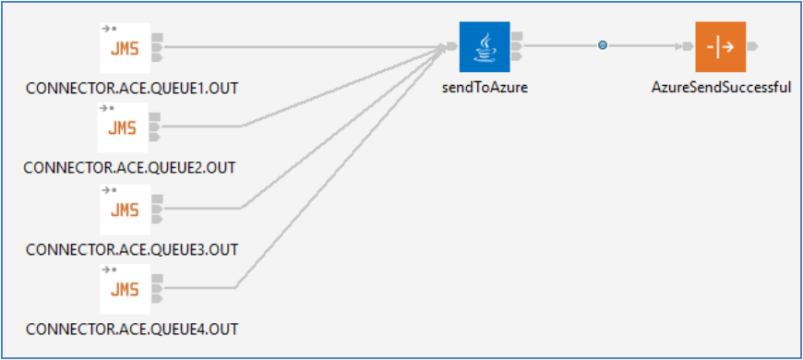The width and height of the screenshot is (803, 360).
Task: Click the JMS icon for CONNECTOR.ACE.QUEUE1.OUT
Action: (x=124, y=47)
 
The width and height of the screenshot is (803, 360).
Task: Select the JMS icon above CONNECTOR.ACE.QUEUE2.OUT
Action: (x=124, y=126)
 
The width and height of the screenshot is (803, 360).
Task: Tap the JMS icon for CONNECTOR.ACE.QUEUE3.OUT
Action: (x=124, y=210)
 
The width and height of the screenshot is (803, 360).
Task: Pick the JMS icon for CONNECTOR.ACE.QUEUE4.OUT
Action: (x=124, y=288)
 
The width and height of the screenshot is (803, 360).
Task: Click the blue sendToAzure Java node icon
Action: (x=485, y=46)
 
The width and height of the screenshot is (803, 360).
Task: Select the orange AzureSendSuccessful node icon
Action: (x=720, y=46)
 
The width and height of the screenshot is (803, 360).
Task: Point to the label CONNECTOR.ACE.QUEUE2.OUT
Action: (x=129, y=168)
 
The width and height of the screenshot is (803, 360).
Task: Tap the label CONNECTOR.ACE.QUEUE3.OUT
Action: (x=132, y=249)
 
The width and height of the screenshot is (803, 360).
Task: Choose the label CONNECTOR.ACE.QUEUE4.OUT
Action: (x=132, y=330)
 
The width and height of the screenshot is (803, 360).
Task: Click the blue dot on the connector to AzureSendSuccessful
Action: (x=603, y=45)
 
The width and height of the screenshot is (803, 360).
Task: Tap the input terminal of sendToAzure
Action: (x=452, y=46)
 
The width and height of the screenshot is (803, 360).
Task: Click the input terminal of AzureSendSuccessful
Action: (x=688, y=45)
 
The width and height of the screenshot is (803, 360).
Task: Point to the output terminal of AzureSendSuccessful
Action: (x=752, y=45)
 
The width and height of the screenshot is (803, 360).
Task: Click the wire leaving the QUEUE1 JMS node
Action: (x=295, y=45)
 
